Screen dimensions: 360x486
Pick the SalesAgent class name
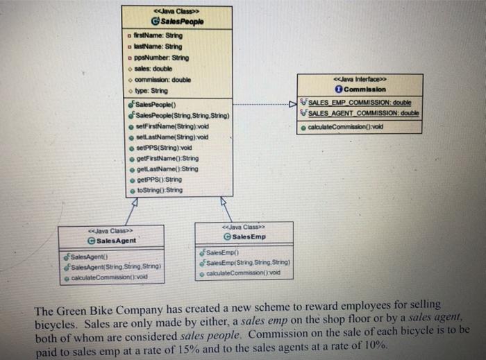point(115,240)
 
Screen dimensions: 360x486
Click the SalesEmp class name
point(242,237)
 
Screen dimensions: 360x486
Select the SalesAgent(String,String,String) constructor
point(114,266)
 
